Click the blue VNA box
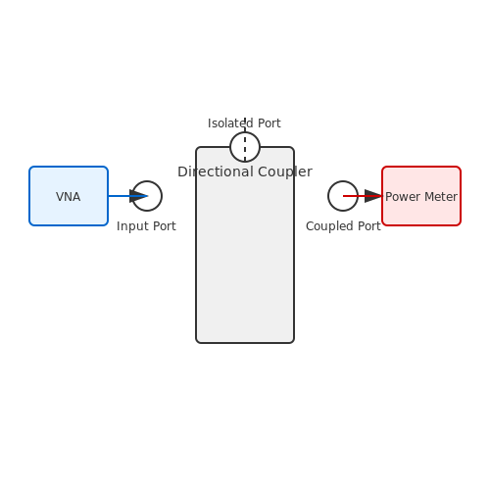pos(69,196)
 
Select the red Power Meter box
pos(421,196)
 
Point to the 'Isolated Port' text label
pos(244,123)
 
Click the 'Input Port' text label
pos(146,226)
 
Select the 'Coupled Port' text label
pos(343,226)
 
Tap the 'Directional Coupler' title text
pos(245,171)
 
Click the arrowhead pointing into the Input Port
pos(138,196)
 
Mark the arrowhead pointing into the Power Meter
pos(373,196)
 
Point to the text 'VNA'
pos(68,197)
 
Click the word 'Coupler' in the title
pos(285,171)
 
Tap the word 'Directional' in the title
pos(216,171)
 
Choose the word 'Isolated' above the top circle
pos(230,123)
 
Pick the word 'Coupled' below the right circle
pos(330,226)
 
